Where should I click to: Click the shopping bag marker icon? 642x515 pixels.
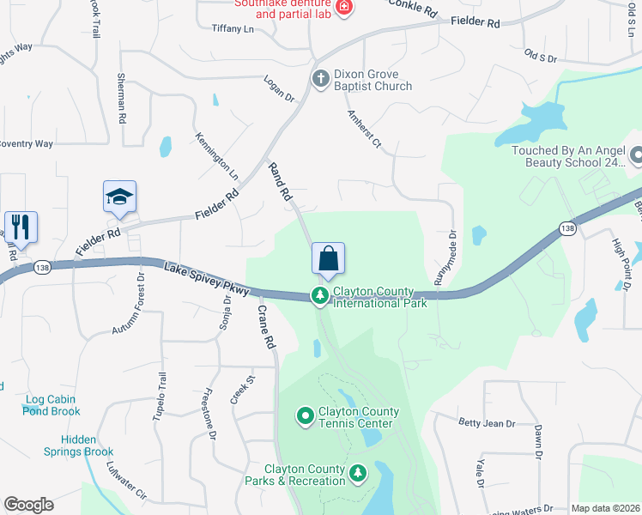coord(328,258)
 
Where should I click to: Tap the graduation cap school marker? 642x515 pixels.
coord(119,197)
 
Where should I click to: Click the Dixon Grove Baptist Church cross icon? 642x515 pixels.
coord(320,79)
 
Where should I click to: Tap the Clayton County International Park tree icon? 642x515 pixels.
coord(320,296)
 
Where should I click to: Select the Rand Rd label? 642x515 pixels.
coord(281,182)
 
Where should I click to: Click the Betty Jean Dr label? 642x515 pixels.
coord(487,423)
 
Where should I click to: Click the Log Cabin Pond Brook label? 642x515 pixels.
coord(52,405)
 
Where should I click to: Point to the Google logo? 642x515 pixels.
coord(28,505)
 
